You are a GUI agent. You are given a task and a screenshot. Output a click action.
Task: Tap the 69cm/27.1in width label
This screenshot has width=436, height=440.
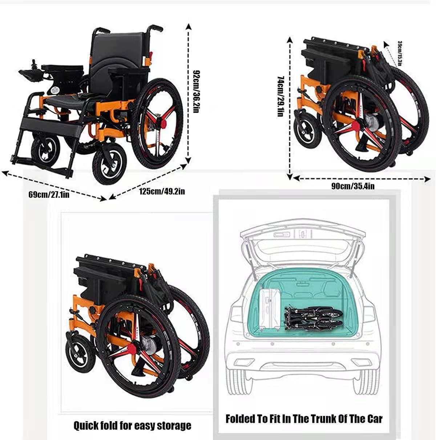(49, 194)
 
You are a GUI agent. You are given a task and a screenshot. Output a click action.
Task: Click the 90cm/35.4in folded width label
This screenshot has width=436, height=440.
(352, 186)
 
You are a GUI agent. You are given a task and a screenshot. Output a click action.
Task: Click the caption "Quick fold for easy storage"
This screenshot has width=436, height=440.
(132, 425)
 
